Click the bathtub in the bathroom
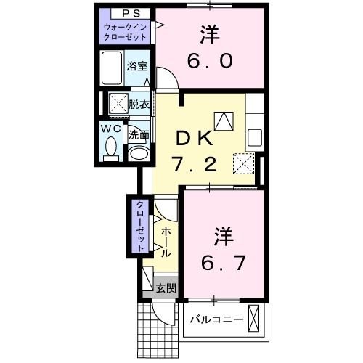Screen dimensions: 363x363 (112, 70)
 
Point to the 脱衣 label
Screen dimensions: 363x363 (139, 103)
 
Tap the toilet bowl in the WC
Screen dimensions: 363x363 (110, 149)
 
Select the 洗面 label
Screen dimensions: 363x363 (139, 135)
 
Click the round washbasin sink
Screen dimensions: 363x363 (138, 154)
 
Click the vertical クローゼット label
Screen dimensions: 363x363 (137, 225)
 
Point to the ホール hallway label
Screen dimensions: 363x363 (166, 242)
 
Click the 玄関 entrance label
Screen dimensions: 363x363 (166, 288)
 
